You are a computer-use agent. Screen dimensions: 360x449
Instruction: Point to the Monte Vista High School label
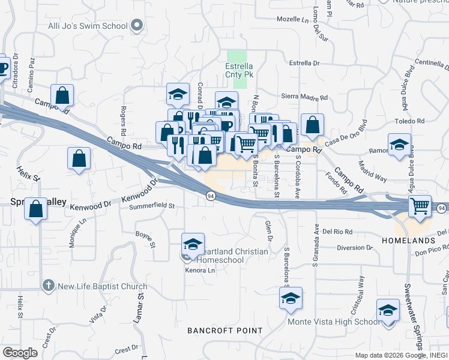[x=333, y=322]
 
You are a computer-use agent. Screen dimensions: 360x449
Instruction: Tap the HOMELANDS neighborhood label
[x=408, y=241]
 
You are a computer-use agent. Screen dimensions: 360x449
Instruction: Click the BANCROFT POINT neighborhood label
[x=224, y=331]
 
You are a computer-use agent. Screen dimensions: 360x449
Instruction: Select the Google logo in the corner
[x=19, y=353]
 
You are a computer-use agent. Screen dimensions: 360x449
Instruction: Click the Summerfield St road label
[x=151, y=206]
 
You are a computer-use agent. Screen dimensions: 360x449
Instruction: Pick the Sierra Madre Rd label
[x=304, y=97]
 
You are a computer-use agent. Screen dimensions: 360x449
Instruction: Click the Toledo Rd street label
[x=409, y=121]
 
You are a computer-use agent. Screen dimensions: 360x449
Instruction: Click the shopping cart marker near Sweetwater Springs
[x=420, y=206]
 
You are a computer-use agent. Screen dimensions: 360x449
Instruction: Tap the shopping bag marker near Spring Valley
[x=37, y=209]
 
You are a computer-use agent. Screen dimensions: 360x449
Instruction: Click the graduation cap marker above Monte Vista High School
[x=291, y=298]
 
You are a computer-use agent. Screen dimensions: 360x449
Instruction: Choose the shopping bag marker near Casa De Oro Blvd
[x=312, y=125]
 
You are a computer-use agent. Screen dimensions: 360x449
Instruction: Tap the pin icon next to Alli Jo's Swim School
[x=136, y=26]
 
